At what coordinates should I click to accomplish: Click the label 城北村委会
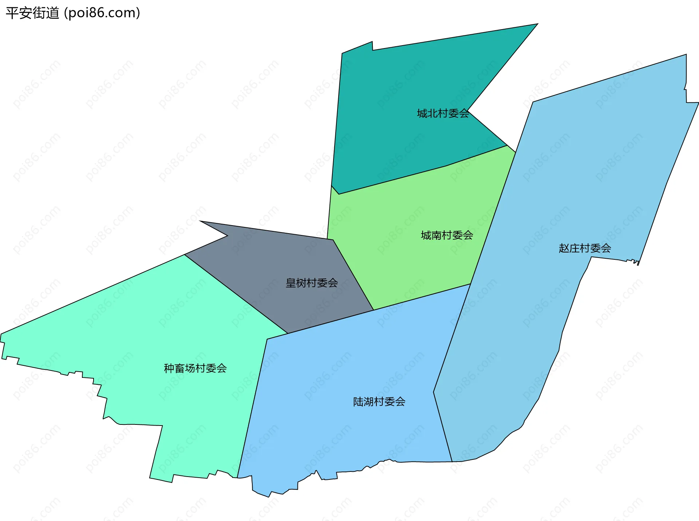(443, 114)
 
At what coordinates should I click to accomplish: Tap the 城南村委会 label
(447, 235)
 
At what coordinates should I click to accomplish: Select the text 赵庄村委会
(585, 248)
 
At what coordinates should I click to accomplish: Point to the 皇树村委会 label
(312, 283)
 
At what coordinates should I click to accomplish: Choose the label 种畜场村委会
(195, 368)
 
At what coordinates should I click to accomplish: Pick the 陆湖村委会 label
(379, 402)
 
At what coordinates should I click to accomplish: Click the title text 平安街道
(32, 13)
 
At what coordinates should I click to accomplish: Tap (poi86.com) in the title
(102, 13)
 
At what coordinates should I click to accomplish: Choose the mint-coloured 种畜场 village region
(146, 328)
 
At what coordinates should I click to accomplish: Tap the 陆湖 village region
(346, 364)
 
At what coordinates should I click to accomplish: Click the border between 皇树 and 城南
(353, 275)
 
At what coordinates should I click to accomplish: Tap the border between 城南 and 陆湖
(422, 297)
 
